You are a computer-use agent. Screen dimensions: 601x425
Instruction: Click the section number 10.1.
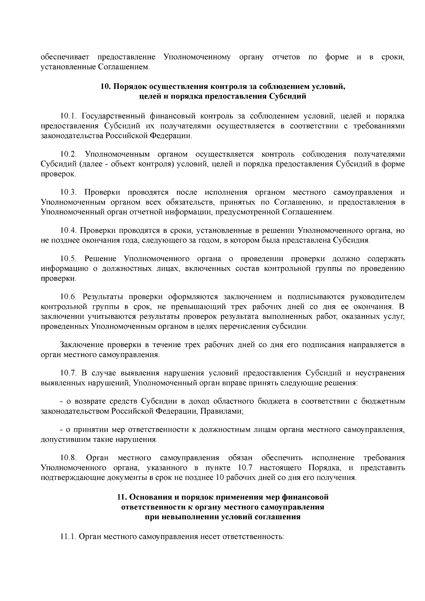pyautogui.click(x=68, y=116)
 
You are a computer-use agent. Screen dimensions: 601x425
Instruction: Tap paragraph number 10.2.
pyautogui.click(x=68, y=154)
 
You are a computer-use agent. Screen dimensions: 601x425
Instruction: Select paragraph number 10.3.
pyautogui.click(x=68, y=192)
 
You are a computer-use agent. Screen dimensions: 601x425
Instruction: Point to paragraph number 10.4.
pyautogui.click(x=68, y=231)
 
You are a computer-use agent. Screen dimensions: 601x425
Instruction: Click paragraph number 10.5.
pyautogui.click(x=68, y=259)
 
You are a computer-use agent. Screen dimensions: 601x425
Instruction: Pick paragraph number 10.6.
pyautogui.click(x=68, y=296)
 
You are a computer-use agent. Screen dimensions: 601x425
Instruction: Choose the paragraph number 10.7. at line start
pyautogui.click(x=68, y=373)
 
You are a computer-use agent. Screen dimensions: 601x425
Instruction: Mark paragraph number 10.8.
pyautogui.click(x=68, y=458)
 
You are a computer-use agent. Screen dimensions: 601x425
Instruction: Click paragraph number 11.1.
pyautogui.click(x=68, y=536)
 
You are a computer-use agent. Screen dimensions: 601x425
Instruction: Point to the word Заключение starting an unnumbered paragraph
pyautogui.click(x=83, y=345)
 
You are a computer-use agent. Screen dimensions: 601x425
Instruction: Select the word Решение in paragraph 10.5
pyautogui.click(x=101, y=259)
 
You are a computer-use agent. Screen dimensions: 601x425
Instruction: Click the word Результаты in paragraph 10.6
pyautogui.click(x=103, y=296)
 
